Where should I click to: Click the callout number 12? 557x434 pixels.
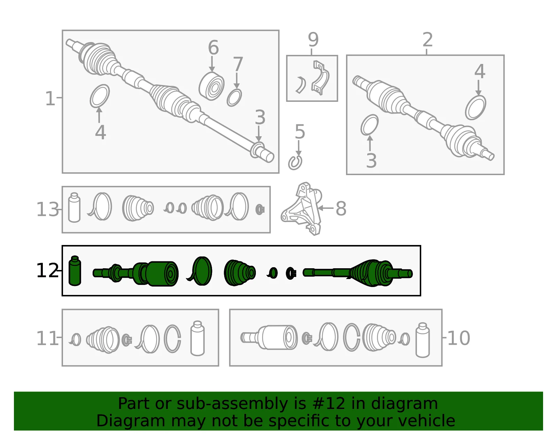click(47, 271)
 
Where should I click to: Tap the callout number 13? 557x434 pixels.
click(47, 210)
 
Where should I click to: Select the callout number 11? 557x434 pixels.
click(47, 338)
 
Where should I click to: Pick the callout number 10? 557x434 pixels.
click(458, 338)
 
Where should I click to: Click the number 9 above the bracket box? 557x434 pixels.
click(313, 40)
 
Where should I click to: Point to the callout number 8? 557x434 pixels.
click(341, 208)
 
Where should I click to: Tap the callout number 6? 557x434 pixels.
click(213, 47)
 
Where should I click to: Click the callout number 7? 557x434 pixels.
click(238, 64)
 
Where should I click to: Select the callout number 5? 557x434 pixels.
click(300, 132)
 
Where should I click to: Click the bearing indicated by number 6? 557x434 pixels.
click(211, 86)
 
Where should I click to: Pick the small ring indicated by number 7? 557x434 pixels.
click(234, 97)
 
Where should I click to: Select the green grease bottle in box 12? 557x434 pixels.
click(75, 271)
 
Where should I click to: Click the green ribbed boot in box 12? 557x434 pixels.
click(240, 273)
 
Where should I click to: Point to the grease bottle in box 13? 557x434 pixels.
click(74, 207)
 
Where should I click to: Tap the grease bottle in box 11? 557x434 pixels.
click(197, 338)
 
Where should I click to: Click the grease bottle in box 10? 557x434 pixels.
click(422, 340)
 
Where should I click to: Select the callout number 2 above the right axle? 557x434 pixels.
click(427, 40)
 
